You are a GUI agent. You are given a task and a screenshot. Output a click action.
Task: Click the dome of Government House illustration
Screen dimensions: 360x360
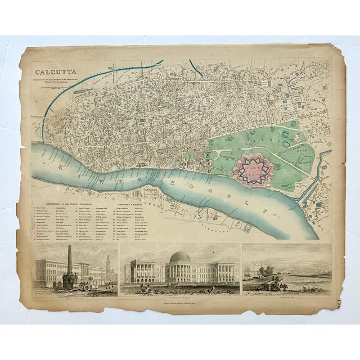tap(180, 258)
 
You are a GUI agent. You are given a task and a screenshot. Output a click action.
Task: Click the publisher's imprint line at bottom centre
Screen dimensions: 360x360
tap(180, 303)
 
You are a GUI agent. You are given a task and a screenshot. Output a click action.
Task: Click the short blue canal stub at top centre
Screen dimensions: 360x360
tap(195, 69)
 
